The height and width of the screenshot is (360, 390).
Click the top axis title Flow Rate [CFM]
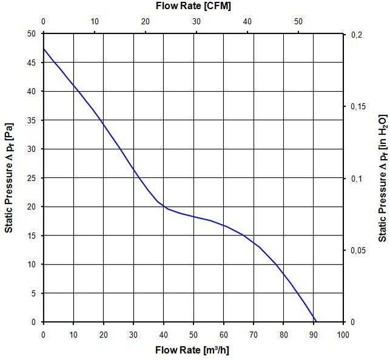[x=192, y=5]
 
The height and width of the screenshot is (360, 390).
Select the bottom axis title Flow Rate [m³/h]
[x=192, y=350]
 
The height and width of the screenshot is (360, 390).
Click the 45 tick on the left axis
[x=31, y=63]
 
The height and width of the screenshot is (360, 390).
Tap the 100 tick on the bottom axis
[x=343, y=335]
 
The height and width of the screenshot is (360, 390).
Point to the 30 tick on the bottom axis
[x=133, y=335]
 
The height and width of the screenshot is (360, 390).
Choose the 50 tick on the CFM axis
[x=298, y=22]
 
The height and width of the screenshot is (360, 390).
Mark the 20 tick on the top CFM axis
[x=145, y=22]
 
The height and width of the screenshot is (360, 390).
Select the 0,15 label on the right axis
[x=359, y=107]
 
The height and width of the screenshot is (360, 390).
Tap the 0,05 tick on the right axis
[x=359, y=250]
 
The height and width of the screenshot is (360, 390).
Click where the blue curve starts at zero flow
[x=44, y=49]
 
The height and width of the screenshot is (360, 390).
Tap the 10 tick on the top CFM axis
[x=94, y=22]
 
